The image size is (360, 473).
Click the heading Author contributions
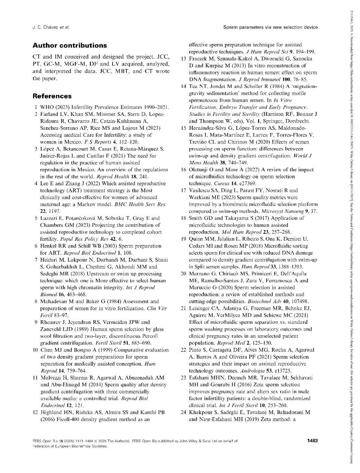[69, 45]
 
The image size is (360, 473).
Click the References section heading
[52, 96]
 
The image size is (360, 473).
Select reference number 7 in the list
[37, 260]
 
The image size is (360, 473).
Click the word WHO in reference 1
[46, 107]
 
